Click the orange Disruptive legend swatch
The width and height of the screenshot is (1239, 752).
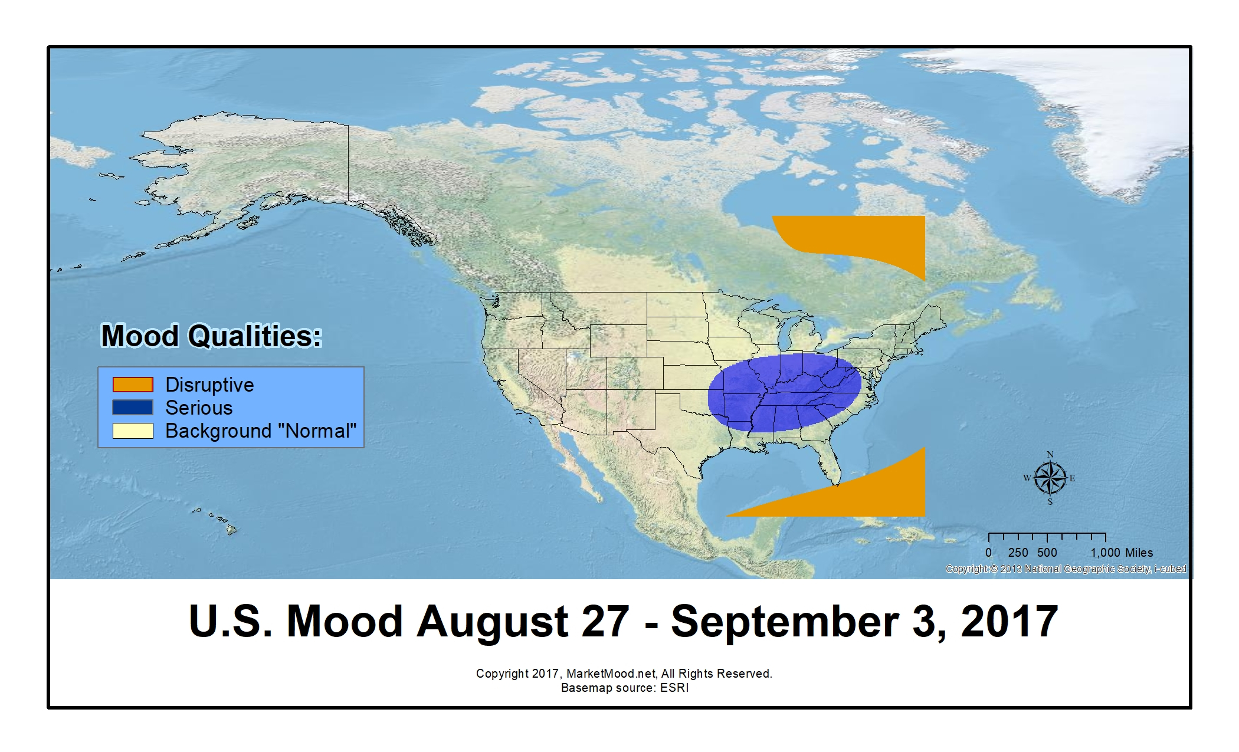tap(133, 385)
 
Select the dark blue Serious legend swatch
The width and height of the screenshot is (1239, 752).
tap(133, 408)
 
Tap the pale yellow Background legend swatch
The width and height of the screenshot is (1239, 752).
tap(133, 431)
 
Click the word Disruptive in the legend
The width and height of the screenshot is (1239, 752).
tap(209, 385)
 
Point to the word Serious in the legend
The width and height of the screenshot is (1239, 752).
tap(199, 408)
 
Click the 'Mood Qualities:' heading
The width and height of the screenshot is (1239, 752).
tap(212, 336)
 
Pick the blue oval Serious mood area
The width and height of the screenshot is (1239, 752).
tap(784, 392)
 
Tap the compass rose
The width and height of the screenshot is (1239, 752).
tap(1050, 478)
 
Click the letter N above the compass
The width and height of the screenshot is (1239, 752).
tap(1050, 455)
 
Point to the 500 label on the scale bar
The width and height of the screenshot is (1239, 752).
tap(1047, 553)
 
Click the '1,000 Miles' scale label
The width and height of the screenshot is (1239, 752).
tap(1122, 553)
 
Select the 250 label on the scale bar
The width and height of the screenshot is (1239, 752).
tap(1018, 553)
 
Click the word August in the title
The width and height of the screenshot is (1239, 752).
tap(492, 622)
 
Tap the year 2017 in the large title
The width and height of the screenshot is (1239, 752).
tap(1009, 621)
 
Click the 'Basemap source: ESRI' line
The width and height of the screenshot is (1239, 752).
tap(625, 688)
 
